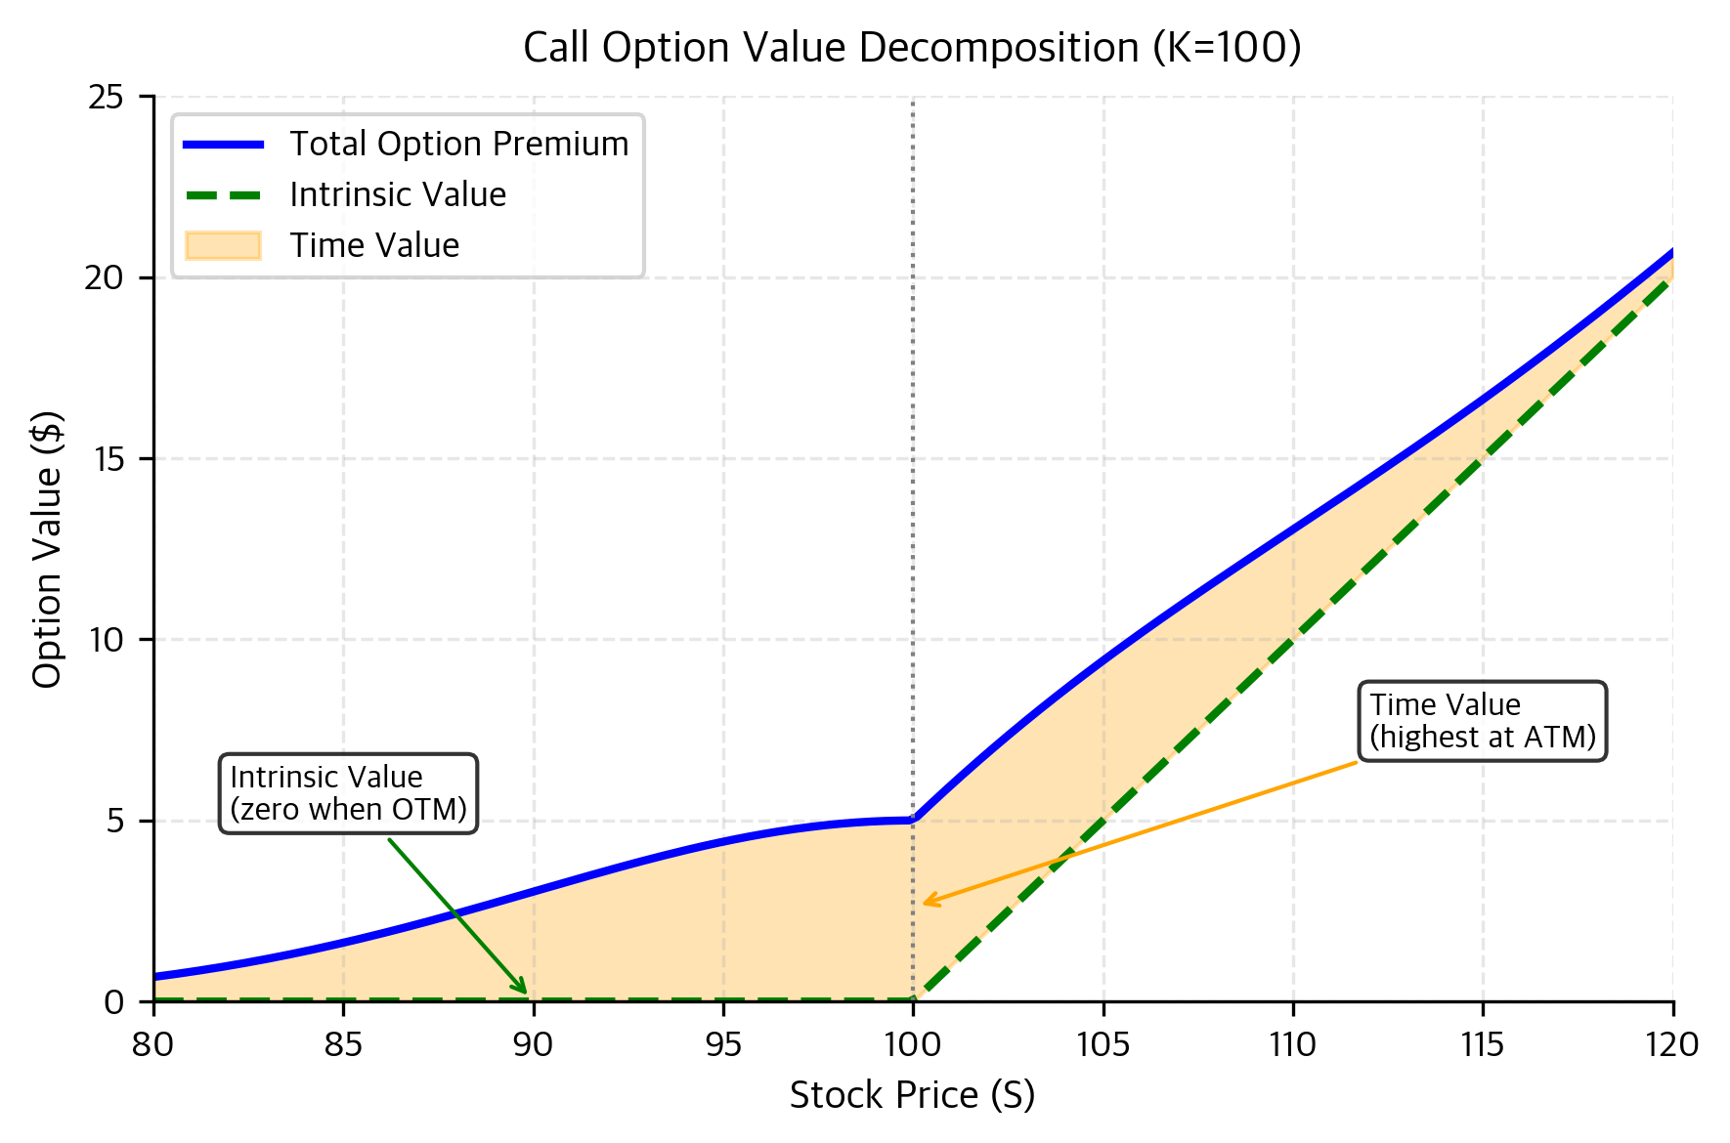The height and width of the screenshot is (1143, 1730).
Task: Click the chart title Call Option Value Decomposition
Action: pos(912,47)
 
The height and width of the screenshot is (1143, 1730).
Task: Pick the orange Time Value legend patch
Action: pos(223,245)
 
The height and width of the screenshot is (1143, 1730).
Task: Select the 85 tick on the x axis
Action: pos(343,1044)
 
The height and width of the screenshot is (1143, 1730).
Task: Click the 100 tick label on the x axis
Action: pos(913,1044)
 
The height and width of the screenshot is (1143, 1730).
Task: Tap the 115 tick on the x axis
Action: pos(1483,1044)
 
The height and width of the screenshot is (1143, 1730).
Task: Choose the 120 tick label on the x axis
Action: pos(1672,1044)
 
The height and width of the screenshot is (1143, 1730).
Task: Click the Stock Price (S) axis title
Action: pos(912,1095)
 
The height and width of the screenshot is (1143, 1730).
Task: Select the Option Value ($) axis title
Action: pos(47,549)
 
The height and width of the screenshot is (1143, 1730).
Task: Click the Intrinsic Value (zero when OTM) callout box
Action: pos(349,793)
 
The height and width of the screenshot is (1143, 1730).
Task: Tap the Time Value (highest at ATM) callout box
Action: pos(1482,721)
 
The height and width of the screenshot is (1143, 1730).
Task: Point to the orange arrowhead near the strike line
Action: pos(926,903)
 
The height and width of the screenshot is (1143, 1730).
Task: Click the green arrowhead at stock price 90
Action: pos(525,991)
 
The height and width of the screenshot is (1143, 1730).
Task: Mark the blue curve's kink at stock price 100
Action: pos(913,820)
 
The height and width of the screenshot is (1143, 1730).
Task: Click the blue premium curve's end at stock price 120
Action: pos(1671,252)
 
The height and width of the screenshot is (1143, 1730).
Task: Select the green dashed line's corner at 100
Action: pos(913,1000)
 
